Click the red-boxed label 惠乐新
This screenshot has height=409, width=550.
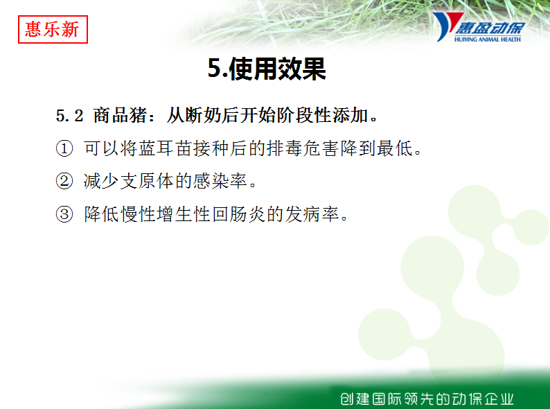[x=53, y=30]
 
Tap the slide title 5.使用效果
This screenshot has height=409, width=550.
[x=267, y=69]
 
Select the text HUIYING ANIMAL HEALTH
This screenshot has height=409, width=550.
[x=487, y=40]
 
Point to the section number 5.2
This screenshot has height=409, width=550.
[x=69, y=116]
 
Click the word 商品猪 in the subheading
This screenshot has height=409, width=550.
[x=120, y=115]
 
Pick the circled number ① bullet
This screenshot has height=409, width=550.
[x=64, y=148]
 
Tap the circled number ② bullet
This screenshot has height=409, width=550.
[x=64, y=181]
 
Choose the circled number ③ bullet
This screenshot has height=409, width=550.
[x=64, y=214]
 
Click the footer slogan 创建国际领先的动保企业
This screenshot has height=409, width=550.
[x=427, y=399]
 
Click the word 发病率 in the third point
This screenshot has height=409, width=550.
[x=312, y=214]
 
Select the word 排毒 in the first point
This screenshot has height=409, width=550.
[x=285, y=148]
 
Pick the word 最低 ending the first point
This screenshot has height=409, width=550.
[x=395, y=148]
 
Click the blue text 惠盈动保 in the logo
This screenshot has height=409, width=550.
[x=490, y=28]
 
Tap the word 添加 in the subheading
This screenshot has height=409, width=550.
[x=351, y=115]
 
